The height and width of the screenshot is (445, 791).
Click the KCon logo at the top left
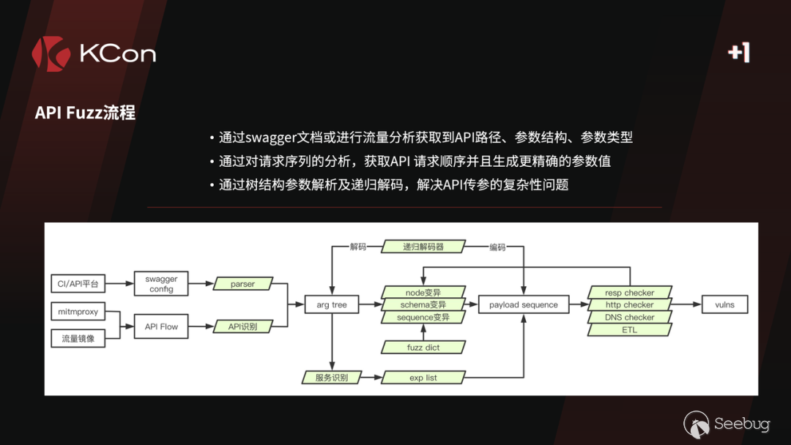pos(93,53)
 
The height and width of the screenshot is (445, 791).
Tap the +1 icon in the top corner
pos(738,52)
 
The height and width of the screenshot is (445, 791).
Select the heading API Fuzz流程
pos(85,113)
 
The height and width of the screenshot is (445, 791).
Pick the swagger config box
pos(161,284)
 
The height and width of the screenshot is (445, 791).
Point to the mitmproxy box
pos(78,312)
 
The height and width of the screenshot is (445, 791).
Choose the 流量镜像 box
pos(78,338)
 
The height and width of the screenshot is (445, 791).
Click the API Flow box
pos(161,326)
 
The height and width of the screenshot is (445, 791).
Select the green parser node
pos(242,284)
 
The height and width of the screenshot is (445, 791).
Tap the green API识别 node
pos(242,326)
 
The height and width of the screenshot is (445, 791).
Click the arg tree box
pos(332,304)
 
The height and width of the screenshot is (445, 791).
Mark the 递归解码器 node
pos(423,247)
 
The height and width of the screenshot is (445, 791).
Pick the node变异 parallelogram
pos(423,292)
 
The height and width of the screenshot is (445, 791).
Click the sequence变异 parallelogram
pos(423,318)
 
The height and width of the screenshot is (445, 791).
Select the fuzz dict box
pos(423,347)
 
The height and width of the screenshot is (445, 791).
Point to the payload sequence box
pos(523,304)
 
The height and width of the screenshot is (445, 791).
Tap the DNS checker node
pos(630,317)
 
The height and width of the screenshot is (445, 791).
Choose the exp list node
pos(423,378)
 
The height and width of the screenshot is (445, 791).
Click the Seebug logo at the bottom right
pos(727,425)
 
